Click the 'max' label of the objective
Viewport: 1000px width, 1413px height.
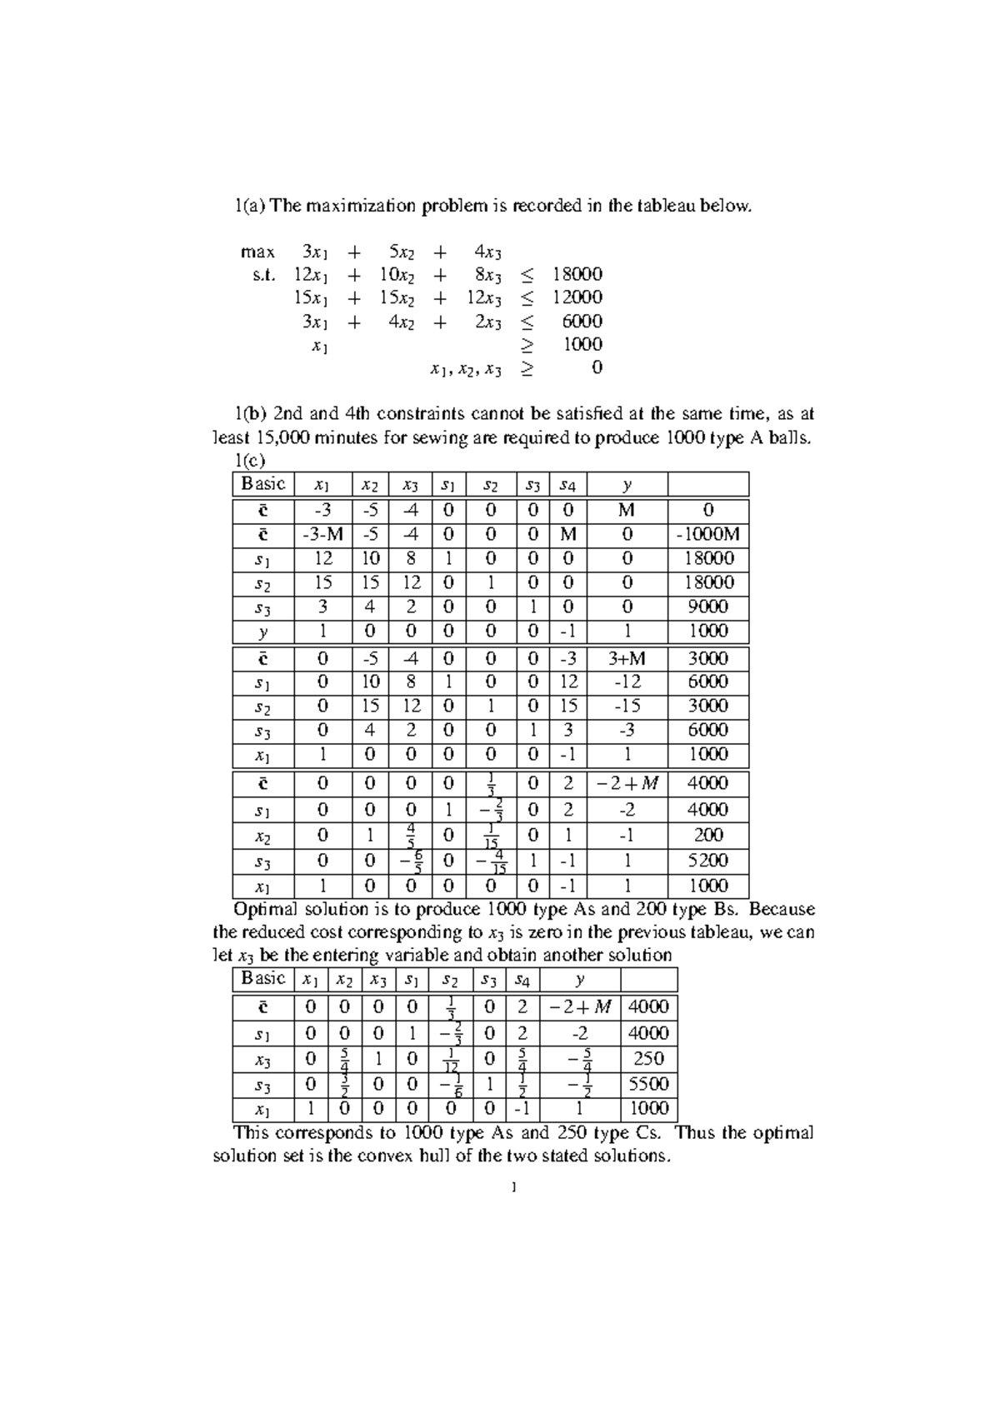pyautogui.click(x=257, y=252)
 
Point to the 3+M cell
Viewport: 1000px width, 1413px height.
pyautogui.click(x=627, y=658)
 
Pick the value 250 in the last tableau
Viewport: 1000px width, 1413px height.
pyautogui.click(x=648, y=1059)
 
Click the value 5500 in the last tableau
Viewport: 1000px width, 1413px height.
pyautogui.click(x=648, y=1084)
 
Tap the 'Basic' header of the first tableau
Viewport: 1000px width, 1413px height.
pyautogui.click(x=263, y=484)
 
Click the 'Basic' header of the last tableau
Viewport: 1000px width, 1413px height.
pyautogui.click(x=263, y=978)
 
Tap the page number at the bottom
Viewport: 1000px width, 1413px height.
pyautogui.click(x=514, y=1187)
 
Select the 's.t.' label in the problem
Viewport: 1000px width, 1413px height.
pyautogui.click(x=262, y=275)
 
